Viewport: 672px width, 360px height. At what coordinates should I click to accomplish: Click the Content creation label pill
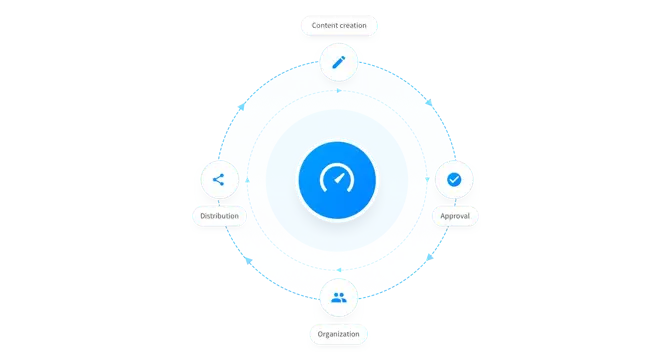click(338, 23)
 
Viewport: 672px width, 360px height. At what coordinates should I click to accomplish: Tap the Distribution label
click(219, 215)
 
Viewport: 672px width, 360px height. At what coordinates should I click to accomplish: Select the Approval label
click(454, 215)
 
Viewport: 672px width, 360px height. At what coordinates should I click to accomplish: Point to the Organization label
click(338, 333)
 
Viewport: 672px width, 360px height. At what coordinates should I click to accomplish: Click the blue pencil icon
click(339, 63)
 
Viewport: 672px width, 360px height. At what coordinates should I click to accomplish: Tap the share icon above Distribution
click(219, 181)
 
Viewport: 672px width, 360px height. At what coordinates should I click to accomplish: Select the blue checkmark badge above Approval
click(454, 180)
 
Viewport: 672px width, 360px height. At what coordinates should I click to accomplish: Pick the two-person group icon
click(339, 297)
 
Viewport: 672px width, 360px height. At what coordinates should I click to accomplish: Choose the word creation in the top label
click(352, 23)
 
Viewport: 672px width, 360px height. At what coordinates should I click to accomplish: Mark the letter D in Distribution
click(202, 215)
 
